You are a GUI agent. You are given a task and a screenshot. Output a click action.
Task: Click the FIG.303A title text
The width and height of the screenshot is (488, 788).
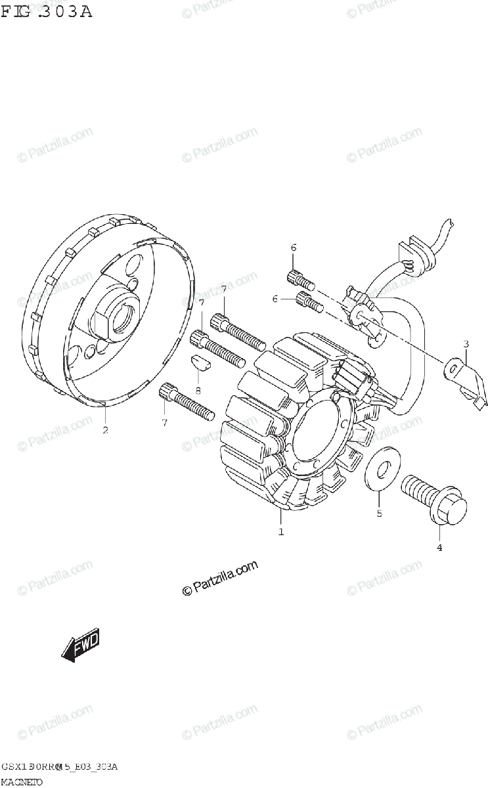(x=47, y=11)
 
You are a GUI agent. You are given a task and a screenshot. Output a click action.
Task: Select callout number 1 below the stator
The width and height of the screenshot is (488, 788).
(x=281, y=532)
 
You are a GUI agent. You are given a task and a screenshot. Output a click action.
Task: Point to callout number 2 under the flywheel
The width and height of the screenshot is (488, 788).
(x=105, y=431)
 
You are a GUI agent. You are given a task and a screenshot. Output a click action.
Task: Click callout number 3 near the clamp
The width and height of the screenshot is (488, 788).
(x=465, y=343)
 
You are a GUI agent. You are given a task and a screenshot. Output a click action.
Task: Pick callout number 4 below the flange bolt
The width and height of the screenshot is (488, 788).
(x=439, y=547)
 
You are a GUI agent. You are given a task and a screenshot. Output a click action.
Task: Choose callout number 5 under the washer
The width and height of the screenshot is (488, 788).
(x=379, y=514)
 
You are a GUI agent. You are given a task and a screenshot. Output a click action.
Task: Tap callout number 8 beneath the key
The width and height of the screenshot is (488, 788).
(x=198, y=390)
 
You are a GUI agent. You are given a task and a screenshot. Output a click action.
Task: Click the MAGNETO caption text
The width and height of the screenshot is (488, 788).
(x=22, y=781)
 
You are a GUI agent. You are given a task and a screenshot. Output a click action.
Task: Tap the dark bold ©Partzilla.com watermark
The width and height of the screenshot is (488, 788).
(x=221, y=579)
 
